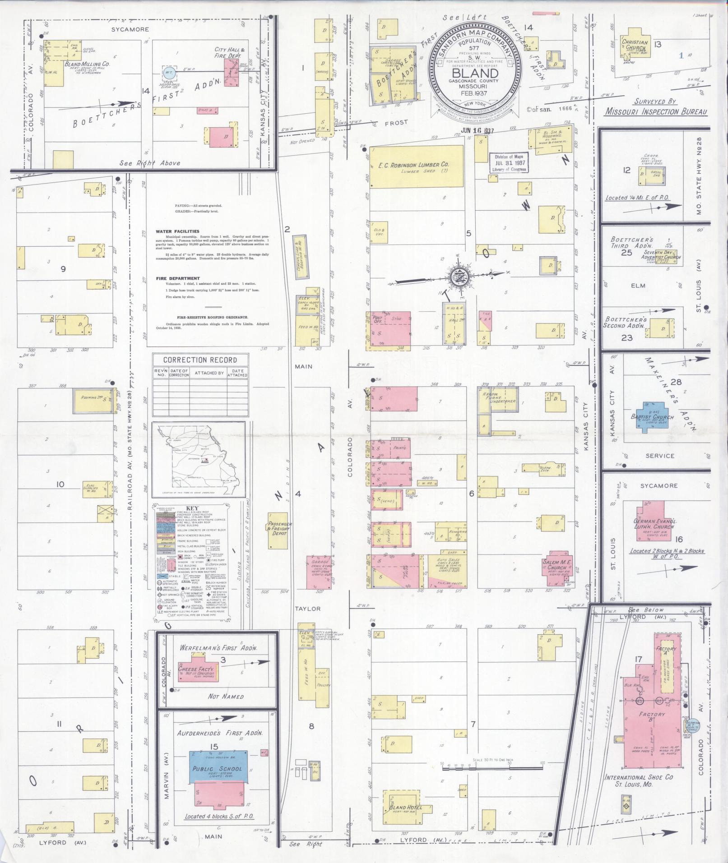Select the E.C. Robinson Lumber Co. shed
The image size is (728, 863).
[416, 166]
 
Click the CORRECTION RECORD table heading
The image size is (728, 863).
[200, 360]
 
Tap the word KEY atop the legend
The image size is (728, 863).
[192, 507]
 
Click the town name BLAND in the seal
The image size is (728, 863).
[475, 73]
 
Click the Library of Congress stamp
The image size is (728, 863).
[509, 163]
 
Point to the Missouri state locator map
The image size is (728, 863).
[199, 459]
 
